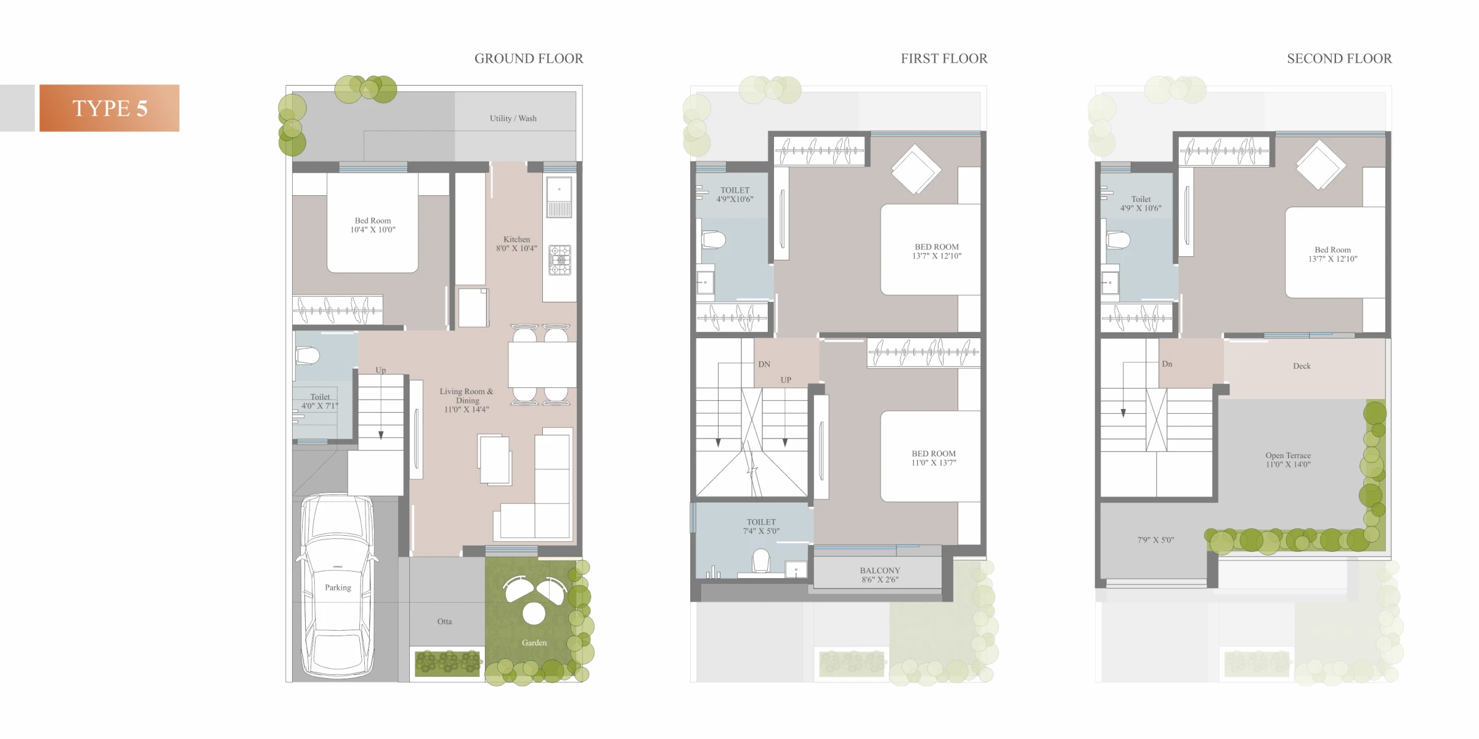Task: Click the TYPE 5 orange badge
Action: [x=110, y=108]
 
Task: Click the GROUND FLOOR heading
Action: [x=529, y=59]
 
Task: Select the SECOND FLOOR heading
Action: [x=1339, y=59]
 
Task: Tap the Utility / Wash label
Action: [x=513, y=118]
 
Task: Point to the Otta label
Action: [x=444, y=621]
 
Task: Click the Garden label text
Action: [x=534, y=642]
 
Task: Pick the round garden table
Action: [x=534, y=613]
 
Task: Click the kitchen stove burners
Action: [x=560, y=260]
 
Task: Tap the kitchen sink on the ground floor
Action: [x=559, y=196]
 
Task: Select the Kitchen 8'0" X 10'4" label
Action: [x=516, y=244]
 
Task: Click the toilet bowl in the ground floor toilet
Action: [x=308, y=356]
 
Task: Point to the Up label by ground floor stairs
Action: [x=381, y=370]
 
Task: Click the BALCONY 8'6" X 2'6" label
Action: [x=880, y=575]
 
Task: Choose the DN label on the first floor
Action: [x=764, y=364]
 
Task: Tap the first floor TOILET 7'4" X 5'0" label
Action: [x=761, y=527]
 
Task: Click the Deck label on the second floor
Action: [x=1302, y=366]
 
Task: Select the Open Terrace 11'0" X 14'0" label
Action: [x=1288, y=460]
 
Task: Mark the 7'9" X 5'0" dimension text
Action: [x=1155, y=540]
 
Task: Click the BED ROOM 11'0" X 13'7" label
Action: [x=934, y=458]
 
